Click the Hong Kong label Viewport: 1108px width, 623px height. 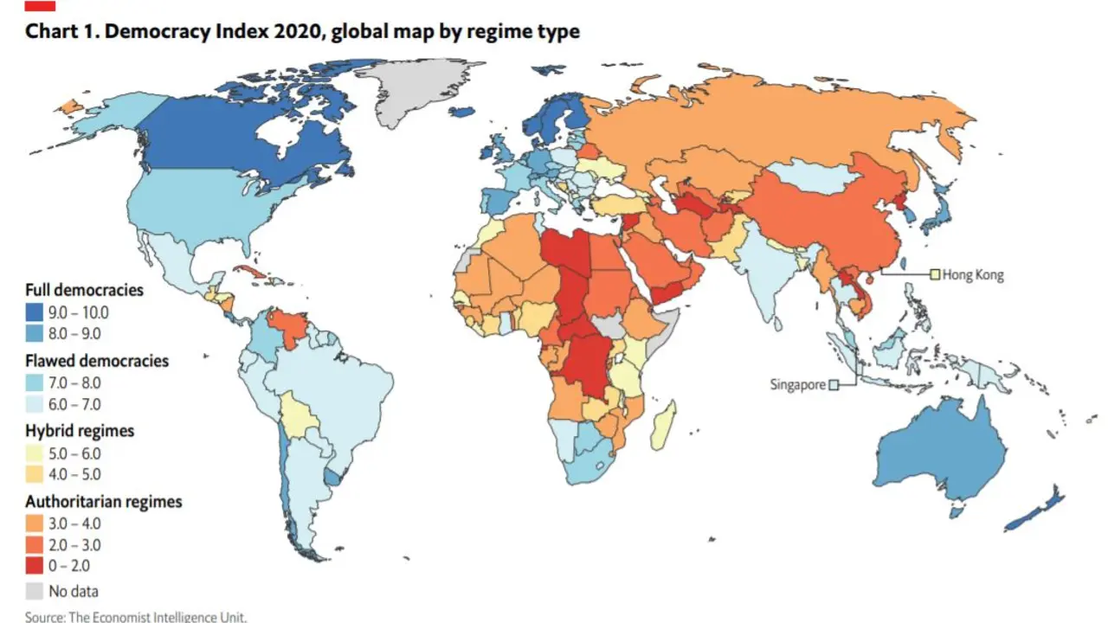973,275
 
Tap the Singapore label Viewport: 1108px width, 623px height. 797,385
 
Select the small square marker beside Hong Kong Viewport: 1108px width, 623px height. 935,274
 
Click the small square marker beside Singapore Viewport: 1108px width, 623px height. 834,385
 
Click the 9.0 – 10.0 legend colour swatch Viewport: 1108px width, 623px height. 34,312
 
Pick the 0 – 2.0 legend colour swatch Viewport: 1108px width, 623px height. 34,566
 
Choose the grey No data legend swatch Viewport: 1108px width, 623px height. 34,591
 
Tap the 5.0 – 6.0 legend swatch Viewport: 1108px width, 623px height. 34,453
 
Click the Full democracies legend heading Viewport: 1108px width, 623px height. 85,290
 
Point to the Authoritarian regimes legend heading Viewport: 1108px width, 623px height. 104,501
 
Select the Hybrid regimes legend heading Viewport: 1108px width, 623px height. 80,431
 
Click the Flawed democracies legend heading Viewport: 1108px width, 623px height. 97,361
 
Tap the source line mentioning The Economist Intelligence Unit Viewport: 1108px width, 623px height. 136,617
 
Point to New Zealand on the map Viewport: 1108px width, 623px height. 1034,510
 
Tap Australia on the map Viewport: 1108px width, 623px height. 940,455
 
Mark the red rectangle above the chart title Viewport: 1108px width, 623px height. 40,5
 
